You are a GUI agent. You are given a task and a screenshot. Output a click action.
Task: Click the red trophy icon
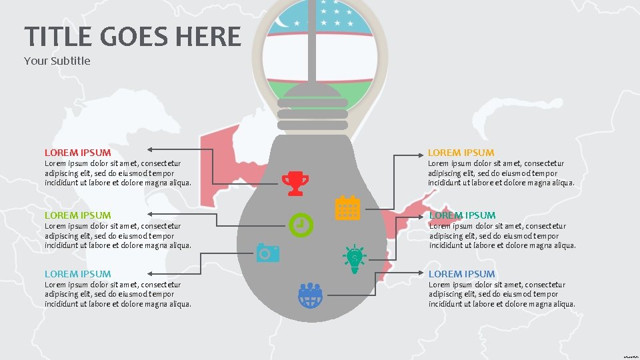[295, 184]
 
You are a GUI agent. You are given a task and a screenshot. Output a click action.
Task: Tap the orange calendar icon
[347, 208]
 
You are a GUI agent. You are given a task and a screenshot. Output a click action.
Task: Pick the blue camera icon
[268, 253]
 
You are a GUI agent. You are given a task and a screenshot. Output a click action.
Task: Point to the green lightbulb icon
[355, 259]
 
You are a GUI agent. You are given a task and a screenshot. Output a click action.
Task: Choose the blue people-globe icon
[310, 295]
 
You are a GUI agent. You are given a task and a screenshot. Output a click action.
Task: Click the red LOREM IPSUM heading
[78, 153]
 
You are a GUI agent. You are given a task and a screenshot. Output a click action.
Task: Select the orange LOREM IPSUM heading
[461, 153]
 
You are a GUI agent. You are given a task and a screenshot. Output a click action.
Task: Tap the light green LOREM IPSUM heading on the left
[78, 215]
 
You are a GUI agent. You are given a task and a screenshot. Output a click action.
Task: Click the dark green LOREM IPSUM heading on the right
[463, 215]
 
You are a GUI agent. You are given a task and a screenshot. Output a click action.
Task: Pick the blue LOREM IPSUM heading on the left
[78, 274]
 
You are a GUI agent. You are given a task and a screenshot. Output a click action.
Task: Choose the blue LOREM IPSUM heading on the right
[462, 274]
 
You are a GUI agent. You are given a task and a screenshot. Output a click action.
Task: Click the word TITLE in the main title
[57, 37]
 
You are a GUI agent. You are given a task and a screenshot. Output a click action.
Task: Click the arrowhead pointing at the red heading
[149, 149]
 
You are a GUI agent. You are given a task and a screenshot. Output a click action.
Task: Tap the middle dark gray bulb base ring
[313, 114]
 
